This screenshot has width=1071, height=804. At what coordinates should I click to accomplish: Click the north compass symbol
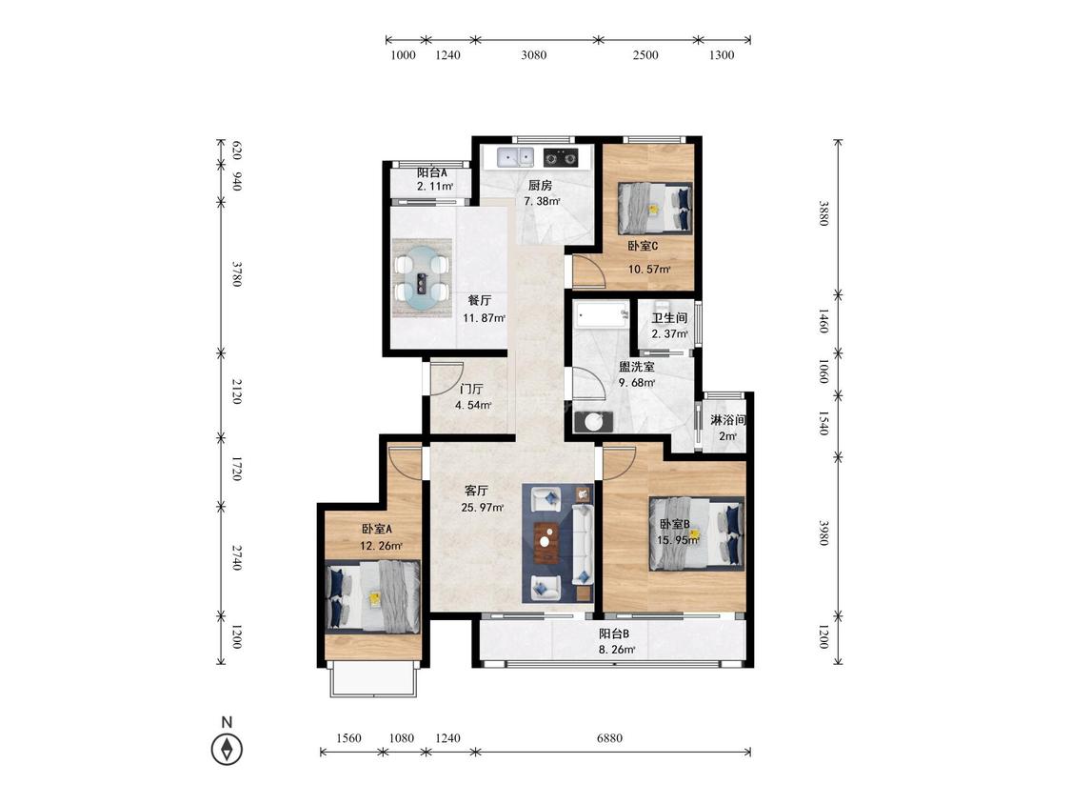[227, 750]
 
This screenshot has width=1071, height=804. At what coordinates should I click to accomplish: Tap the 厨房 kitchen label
[541, 185]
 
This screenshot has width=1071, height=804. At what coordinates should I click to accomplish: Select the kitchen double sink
[516, 158]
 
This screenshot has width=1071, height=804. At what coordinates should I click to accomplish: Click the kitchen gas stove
[561, 158]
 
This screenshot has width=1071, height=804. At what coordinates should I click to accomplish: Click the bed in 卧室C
[654, 210]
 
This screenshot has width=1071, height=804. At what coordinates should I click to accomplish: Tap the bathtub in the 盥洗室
[601, 314]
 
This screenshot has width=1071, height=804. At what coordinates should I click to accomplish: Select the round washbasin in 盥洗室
[593, 422]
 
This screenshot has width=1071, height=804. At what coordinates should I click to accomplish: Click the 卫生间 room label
[668, 318]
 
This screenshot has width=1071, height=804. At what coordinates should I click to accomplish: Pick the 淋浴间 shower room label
[727, 420]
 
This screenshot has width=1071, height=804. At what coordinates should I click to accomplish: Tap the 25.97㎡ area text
[483, 508]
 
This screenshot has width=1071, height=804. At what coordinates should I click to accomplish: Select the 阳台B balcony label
[614, 633]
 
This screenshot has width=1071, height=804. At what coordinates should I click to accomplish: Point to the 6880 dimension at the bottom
[609, 738]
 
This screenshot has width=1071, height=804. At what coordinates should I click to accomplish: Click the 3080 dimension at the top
[533, 55]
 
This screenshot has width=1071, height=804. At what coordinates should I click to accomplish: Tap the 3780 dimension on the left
[237, 273]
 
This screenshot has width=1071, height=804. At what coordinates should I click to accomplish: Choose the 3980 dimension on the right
[823, 533]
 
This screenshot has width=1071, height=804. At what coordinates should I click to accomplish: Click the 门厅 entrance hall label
[471, 389]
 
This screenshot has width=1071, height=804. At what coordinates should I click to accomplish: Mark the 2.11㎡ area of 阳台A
[435, 186]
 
